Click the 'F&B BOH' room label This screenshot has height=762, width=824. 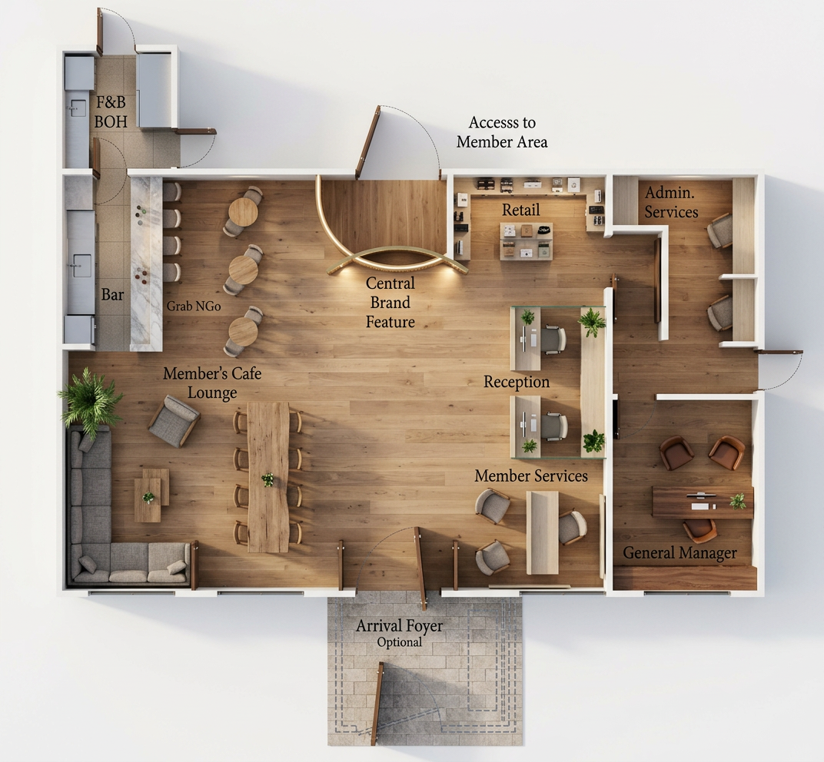tap(111, 111)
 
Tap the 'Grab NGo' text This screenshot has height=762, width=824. tap(194, 306)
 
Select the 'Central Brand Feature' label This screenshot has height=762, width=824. tap(390, 302)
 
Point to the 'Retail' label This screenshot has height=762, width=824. tap(521, 210)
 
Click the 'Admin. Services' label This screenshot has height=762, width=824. tap(671, 202)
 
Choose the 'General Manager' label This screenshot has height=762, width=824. tap(679, 552)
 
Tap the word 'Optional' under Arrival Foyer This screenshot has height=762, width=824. tap(400, 642)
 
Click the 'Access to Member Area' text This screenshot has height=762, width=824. tap(502, 132)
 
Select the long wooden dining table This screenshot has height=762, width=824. tap(268, 477)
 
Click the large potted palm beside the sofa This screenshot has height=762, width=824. tap(91, 402)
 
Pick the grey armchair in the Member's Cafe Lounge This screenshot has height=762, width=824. tap(174, 421)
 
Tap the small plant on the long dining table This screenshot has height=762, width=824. tap(268, 479)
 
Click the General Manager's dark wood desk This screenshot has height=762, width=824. tap(703, 502)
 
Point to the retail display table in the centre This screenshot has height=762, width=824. tap(526, 241)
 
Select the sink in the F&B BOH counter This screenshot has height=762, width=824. tap(77, 108)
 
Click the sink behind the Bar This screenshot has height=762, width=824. tap(81, 266)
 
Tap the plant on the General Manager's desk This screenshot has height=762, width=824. tap(738, 501)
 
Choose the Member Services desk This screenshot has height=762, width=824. tap(543, 532)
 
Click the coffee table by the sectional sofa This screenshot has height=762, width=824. tap(151, 495)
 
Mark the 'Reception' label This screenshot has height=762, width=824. tap(517, 382)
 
